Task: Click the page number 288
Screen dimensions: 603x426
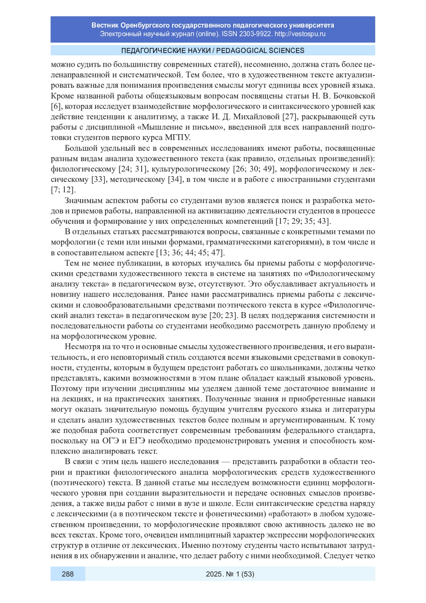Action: click(67, 574)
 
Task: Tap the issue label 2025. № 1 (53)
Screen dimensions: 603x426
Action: click(230, 574)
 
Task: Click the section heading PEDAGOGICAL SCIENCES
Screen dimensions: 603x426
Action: click(260, 50)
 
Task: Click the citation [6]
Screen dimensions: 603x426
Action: click(55, 106)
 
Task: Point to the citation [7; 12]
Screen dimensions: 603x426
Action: click(63, 190)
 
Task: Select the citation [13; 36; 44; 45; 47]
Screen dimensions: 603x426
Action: click(190, 253)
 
